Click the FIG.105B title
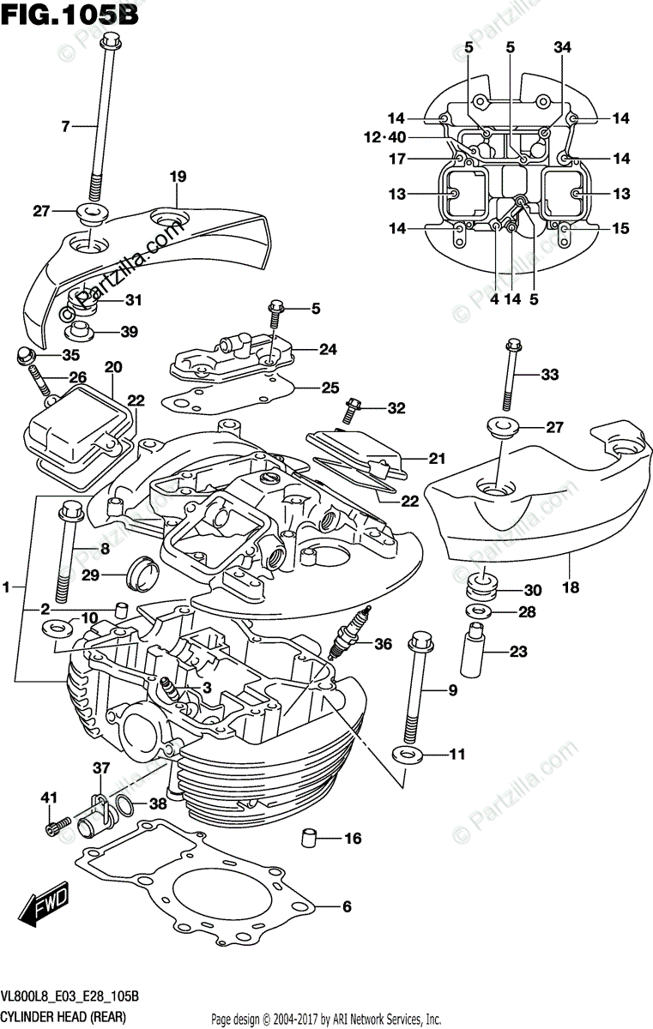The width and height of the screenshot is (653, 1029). point(70,15)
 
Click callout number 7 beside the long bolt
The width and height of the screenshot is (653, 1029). point(66,126)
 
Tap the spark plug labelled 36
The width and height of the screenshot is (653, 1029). point(348,634)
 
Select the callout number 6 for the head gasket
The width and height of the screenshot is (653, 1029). point(347,906)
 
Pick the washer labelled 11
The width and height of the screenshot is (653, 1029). point(407,755)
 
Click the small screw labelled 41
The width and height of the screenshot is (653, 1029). point(57,824)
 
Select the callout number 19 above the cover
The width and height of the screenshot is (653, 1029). point(178,177)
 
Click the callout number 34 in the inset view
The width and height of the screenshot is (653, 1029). point(562,47)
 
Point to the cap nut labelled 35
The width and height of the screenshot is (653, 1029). point(24,356)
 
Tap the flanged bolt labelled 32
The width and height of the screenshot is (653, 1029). point(352,410)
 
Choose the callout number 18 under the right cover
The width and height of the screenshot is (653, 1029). point(571,587)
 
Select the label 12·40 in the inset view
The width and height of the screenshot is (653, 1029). point(385,137)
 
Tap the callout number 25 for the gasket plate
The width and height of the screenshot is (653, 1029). point(330,388)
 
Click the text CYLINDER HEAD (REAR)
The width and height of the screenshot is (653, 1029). point(63,1018)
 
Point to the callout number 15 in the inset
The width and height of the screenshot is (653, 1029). point(621,228)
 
